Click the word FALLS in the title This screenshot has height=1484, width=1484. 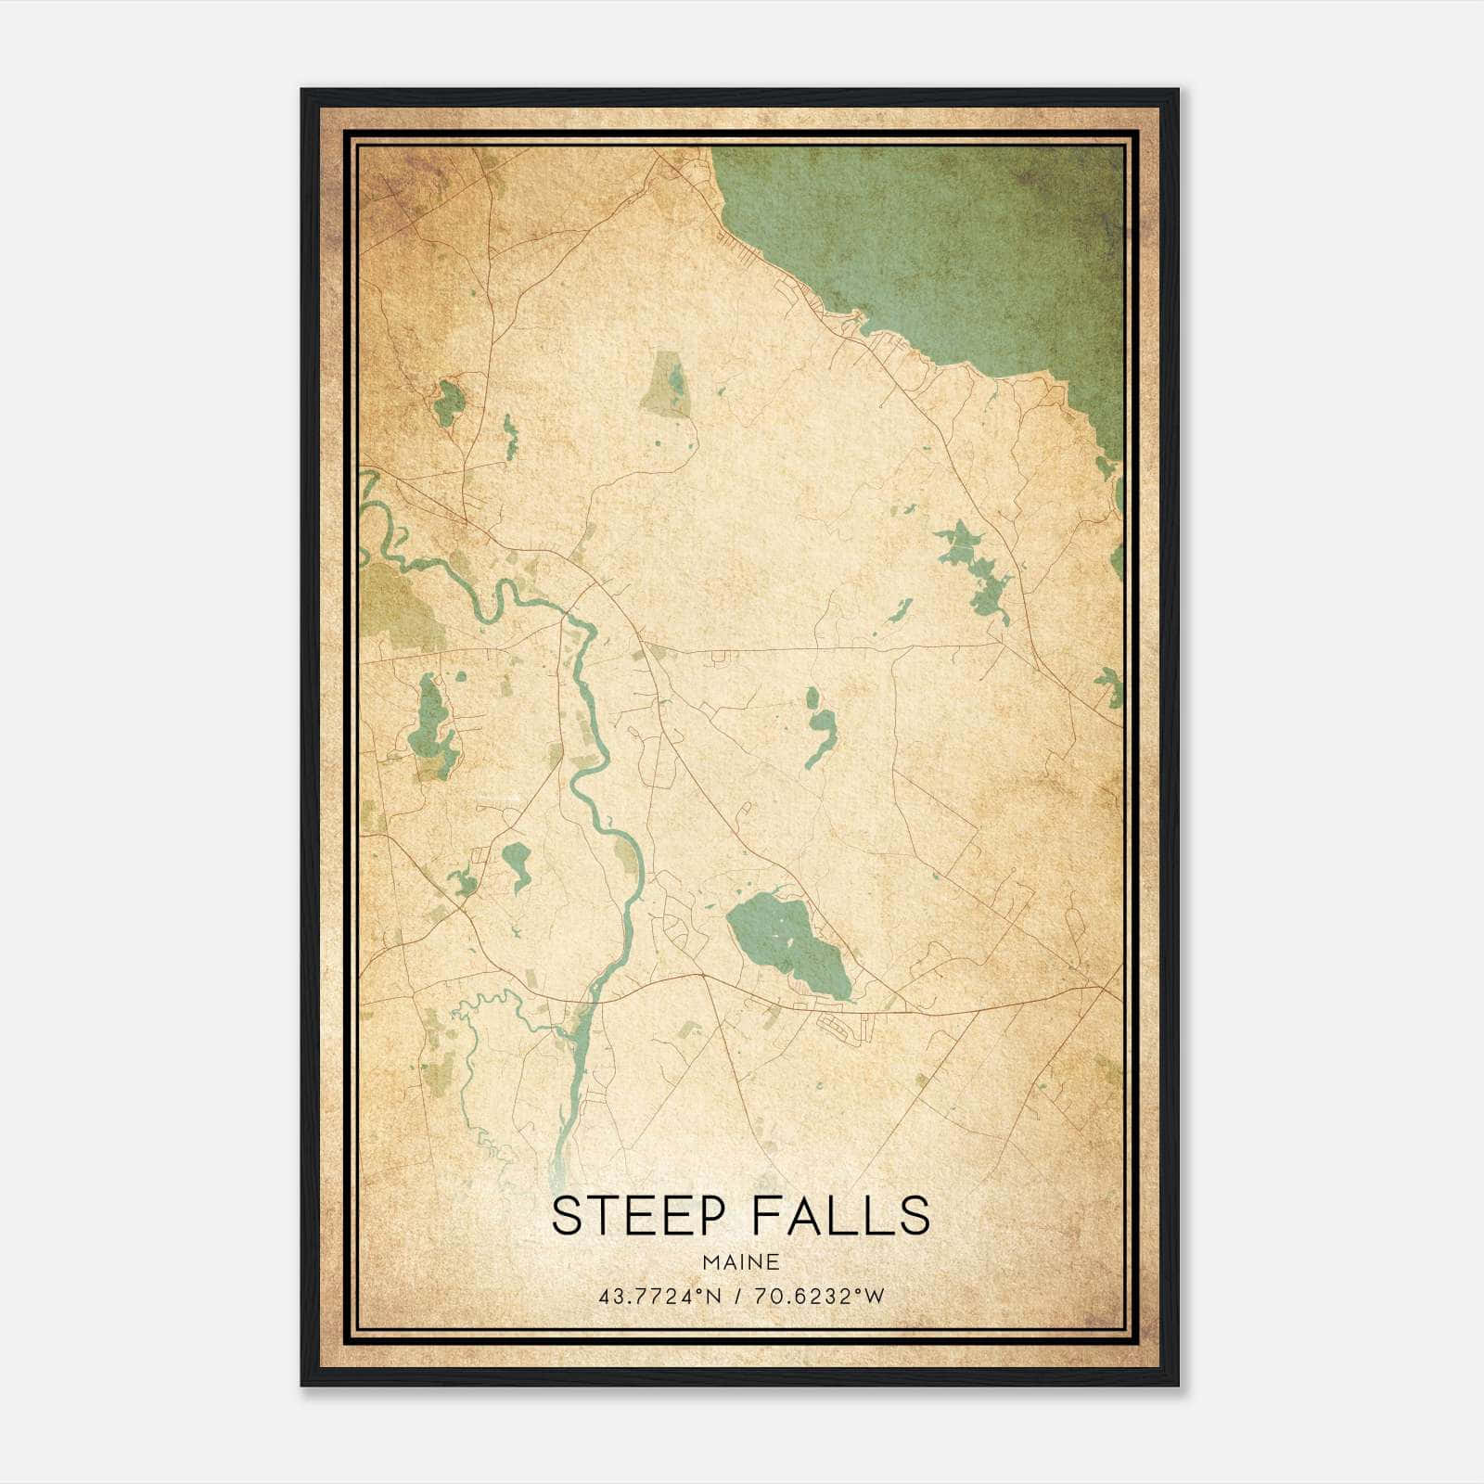(x=840, y=1216)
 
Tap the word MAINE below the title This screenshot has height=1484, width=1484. (x=741, y=1261)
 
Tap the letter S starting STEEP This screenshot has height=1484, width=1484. (x=565, y=1216)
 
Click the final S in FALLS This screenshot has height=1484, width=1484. (x=915, y=1216)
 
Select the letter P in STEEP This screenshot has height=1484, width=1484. (x=715, y=1216)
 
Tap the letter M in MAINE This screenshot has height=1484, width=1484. (x=710, y=1261)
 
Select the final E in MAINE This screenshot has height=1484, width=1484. (x=773, y=1261)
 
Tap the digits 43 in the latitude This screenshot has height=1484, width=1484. (x=609, y=1296)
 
